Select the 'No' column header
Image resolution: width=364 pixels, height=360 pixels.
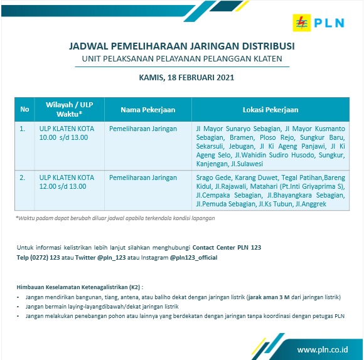pos(24,109)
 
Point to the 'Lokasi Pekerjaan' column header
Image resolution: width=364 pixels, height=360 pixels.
pos(270,109)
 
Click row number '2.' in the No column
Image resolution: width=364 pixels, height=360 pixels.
pos(23,177)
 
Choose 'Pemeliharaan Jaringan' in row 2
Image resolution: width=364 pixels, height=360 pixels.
pos(143,177)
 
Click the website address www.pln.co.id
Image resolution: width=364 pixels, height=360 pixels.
pos(323,349)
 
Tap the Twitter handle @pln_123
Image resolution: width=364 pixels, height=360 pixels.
pos(111,258)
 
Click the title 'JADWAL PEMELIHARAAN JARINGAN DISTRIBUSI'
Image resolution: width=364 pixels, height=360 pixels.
pos(181,46)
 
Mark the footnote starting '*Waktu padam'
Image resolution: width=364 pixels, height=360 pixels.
pos(115,218)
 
